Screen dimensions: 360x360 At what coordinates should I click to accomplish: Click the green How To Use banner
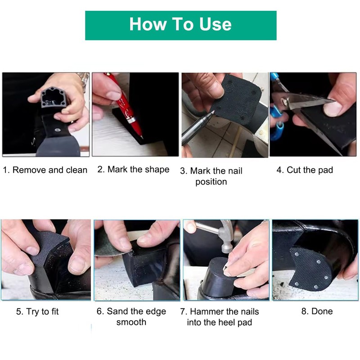(181, 25)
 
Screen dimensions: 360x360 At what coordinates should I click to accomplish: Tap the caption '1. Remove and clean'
(45, 170)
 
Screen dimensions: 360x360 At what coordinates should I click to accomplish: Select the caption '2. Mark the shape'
(133, 170)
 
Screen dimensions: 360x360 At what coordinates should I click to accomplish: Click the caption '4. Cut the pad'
(305, 170)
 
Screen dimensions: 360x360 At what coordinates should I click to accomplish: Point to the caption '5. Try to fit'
(37, 311)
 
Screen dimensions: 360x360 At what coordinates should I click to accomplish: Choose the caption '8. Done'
(317, 311)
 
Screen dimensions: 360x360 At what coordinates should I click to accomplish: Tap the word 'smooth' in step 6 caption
(131, 322)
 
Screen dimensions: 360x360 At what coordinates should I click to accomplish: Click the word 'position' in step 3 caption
(211, 182)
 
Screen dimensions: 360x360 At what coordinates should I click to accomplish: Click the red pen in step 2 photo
(126, 106)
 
